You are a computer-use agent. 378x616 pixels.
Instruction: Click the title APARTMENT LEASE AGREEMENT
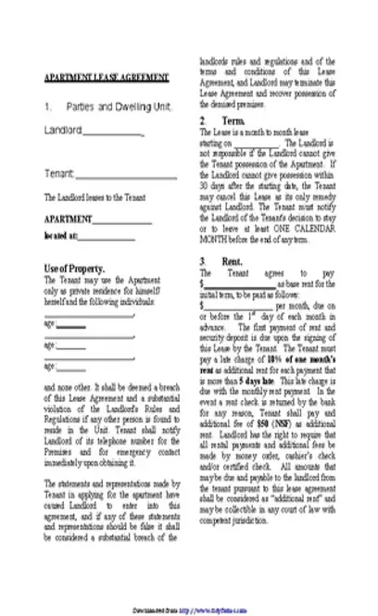coord(107,78)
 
